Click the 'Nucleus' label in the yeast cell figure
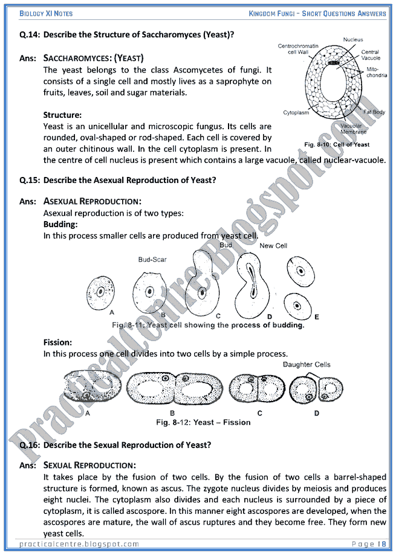click(352, 40)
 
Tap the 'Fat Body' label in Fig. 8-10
click(374, 112)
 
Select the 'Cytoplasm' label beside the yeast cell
click(297, 113)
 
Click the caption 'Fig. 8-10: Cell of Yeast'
click(337, 144)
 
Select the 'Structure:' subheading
click(63, 115)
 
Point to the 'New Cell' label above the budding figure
click(273, 246)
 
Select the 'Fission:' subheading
click(58, 341)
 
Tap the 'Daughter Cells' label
click(306, 364)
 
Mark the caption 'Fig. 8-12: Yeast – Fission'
click(203, 422)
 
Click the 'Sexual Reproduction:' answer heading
click(89, 465)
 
